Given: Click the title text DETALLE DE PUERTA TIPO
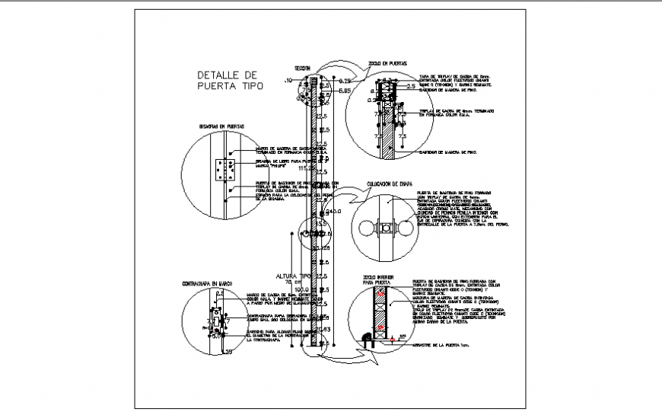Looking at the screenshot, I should pos(228,81).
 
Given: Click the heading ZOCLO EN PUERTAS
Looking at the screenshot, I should pos(387,62).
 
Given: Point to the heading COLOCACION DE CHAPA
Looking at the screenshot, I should pos(388,184).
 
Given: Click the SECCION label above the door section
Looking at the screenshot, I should pos(304,67).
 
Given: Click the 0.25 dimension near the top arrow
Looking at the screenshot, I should pos(345,80).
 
